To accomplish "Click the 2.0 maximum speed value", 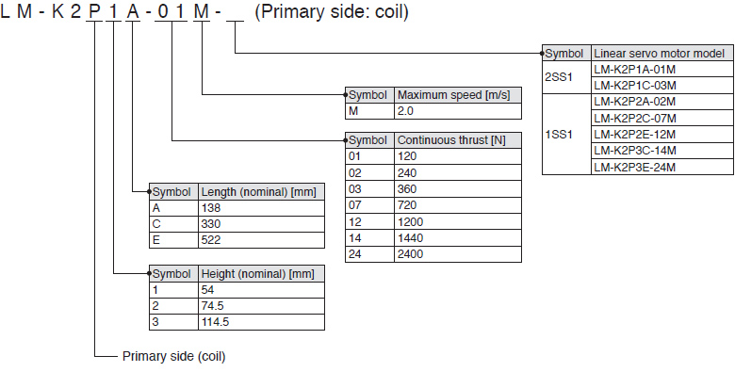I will point(457,111).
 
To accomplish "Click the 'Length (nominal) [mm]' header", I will point(261,191).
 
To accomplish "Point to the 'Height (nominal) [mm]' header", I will point(261,274).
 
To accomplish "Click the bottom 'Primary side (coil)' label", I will point(173,357).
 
